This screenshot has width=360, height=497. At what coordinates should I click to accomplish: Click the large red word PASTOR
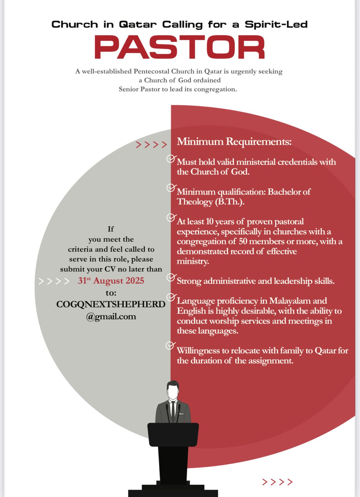[179, 47]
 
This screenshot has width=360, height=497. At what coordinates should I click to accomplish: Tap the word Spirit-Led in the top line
[276, 24]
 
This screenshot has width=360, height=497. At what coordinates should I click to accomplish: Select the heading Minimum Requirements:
[234, 142]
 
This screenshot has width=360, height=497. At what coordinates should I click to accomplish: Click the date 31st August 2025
[111, 280]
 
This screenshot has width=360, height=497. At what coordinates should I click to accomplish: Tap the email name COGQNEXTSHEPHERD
[111, 304]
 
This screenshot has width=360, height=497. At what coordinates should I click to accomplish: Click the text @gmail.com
[111, 317]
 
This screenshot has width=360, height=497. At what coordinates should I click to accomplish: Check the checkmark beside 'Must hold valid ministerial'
[171, 159]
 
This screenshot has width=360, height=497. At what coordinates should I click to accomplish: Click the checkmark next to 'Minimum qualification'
[171, 188]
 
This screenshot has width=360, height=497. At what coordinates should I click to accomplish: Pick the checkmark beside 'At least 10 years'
[171, 217]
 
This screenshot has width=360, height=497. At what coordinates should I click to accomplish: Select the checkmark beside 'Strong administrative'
[171, 277]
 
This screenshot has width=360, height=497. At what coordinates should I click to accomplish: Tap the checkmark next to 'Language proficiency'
[171, 297]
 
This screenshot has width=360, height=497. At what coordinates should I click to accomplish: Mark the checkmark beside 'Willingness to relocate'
[170, 345]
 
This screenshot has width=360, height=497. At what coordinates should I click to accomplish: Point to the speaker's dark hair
[173, 384]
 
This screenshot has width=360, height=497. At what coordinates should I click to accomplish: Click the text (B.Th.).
[229, 202]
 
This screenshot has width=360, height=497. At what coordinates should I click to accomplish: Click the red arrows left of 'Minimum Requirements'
[151, 145]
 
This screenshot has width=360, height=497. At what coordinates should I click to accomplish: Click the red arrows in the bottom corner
[277, 482]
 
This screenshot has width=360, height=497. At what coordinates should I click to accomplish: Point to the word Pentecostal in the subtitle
[152, 71]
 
